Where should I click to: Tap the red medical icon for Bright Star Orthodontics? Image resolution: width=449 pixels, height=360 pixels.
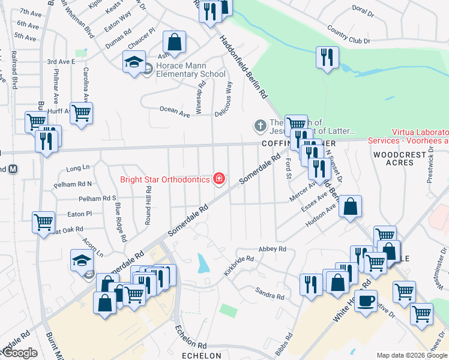tap(220, 178)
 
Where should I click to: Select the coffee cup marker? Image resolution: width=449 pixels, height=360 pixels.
tap(366, 301)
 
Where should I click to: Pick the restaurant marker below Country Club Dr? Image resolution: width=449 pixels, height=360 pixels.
tap(327, 58)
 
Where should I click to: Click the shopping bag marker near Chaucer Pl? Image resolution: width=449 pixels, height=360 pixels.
tap(174, 42)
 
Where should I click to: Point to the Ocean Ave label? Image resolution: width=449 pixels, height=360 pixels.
tap(175, 110)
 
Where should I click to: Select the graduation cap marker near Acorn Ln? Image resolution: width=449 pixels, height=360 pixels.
tap(82, 260)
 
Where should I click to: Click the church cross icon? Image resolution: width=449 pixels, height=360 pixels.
tap(259, 125)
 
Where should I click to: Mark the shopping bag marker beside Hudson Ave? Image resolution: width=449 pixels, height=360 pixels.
tap(351, 206)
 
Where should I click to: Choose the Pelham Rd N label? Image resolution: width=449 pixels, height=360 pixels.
tap(73, 184)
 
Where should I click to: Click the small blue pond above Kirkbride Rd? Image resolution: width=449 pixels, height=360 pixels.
tap(203, 262)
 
